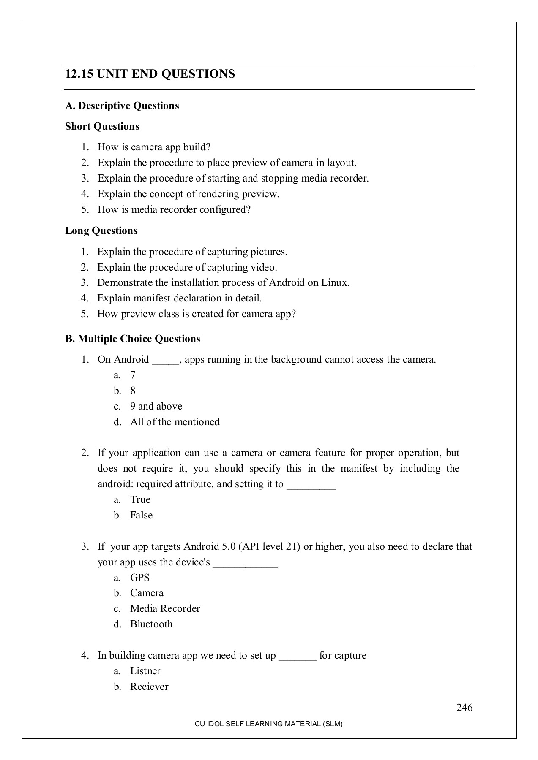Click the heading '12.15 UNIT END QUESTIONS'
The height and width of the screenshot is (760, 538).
[150, 74]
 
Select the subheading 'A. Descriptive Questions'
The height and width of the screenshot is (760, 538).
[122, 106]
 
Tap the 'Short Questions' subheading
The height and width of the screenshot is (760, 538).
[102, 126]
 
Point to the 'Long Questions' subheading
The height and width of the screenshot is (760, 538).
[101, 231]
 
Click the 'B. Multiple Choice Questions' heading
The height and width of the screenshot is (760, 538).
[132, 339]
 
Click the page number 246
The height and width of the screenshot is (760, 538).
[464, 707]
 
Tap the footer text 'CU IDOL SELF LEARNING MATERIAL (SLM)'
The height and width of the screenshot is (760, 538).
[268, 724]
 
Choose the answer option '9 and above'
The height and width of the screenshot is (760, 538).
[156, 406]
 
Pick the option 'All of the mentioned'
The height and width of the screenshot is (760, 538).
[175, 422]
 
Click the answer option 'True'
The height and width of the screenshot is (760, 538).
[140, 499]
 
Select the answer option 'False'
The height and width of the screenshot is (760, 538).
[141, 515]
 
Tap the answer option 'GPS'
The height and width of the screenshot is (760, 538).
[139, 578]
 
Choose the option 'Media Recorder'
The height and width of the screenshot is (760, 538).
[165, 608]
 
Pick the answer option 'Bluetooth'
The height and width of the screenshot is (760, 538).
[151, 624]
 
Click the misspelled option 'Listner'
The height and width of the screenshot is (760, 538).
[145, 671]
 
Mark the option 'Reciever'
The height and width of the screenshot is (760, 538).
[149, 687]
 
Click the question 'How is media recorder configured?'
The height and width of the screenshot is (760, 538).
[174, 209]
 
